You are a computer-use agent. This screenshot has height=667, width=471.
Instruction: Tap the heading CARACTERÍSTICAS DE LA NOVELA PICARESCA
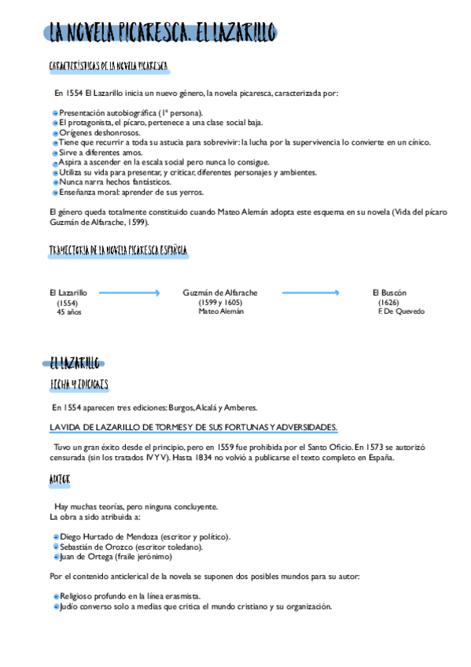click(108, 65)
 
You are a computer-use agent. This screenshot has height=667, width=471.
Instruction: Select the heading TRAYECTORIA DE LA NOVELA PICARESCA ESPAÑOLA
click(118, 250)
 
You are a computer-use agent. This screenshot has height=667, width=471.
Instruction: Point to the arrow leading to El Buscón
click(311, 293)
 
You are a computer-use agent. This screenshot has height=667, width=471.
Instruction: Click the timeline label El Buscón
click(389, 293)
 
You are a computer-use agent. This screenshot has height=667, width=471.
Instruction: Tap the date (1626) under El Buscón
click(388, 302)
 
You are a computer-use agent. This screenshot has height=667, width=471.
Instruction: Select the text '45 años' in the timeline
click(69, 311)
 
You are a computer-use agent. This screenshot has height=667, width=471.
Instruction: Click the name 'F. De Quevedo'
click(401, 311)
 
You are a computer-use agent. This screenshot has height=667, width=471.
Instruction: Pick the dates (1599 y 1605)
click(220, 302)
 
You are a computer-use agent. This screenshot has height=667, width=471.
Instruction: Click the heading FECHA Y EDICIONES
click(79, 385)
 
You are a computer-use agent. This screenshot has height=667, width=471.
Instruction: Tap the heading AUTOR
click(60, 478)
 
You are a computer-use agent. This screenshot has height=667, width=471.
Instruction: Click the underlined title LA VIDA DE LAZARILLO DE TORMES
click(193, 427)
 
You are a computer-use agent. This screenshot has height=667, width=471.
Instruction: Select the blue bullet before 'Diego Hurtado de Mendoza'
click(55, 537)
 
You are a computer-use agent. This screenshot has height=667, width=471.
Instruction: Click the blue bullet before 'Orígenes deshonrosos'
click(55, 133)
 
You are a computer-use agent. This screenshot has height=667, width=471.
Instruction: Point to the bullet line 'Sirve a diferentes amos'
click(101, 153)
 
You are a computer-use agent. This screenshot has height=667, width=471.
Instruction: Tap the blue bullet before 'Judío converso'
click(55, 606)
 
